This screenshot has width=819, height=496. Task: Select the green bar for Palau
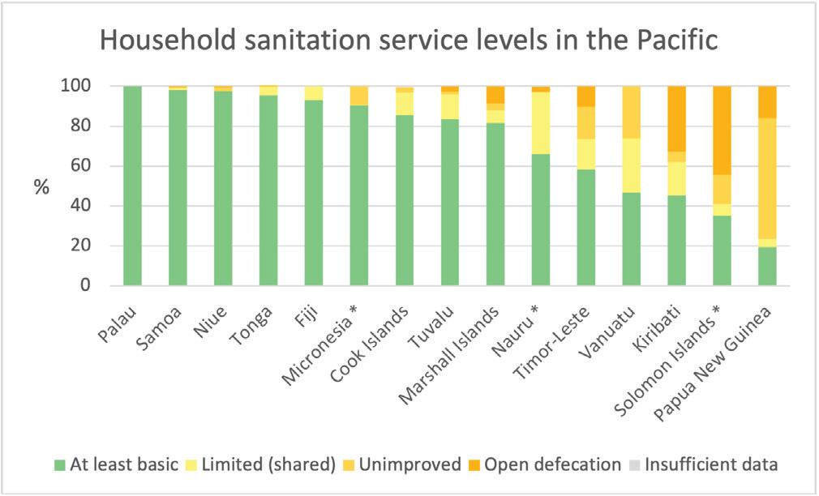[131, 186]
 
